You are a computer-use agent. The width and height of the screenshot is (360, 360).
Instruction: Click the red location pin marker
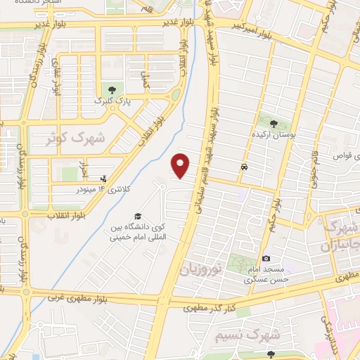(181, 165)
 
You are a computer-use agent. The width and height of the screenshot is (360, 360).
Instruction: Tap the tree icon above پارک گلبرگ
(112, 88)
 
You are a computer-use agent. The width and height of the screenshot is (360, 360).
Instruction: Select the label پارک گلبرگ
(112, 101)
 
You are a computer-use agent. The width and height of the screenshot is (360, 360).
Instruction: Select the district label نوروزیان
(200, 268)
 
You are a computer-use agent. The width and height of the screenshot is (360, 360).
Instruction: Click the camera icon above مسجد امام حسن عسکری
(266, 259)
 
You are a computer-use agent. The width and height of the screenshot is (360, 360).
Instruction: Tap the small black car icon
(243, 167)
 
